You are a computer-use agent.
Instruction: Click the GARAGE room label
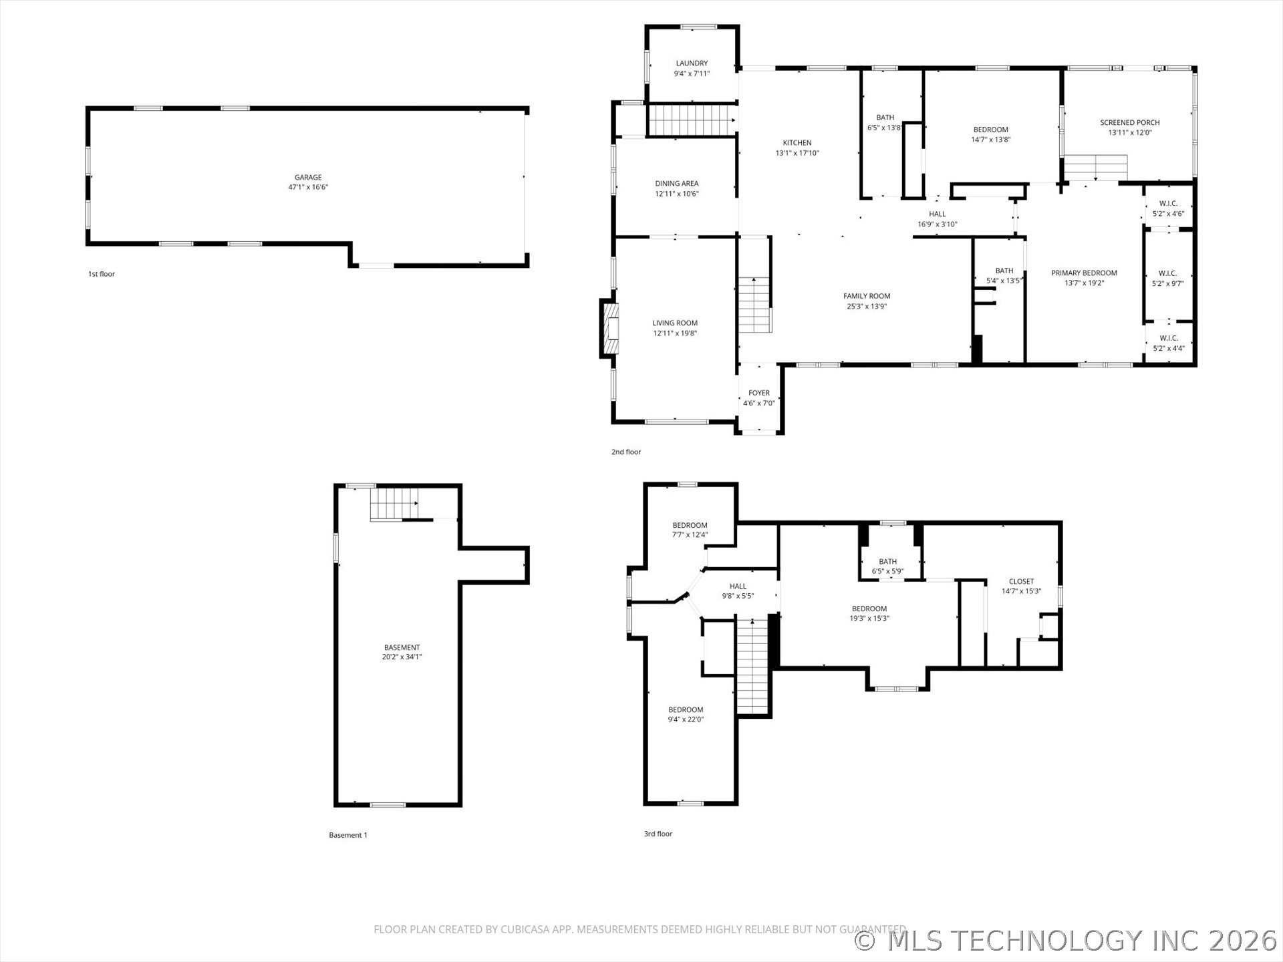(308, 177)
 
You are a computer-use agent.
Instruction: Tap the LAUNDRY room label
(692, 63)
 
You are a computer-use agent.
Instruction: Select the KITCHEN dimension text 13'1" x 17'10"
(797, 153)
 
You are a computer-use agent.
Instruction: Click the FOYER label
(759, 393)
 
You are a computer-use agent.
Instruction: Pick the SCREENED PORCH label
(1130, 122)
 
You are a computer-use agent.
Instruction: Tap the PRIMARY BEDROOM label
(1084, 273)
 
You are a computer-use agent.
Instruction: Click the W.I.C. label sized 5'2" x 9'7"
(1168, 278)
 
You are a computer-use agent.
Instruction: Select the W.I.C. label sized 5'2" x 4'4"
(1169, 343)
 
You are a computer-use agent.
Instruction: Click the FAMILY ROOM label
(867, 296)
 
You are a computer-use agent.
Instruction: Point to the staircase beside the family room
(755, 305)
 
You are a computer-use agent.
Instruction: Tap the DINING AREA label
(677, 183)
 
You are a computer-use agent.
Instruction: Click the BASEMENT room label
(402, 647)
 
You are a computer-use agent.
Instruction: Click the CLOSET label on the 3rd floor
(1021, 581)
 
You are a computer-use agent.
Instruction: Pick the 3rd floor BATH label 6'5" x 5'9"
(888, 566)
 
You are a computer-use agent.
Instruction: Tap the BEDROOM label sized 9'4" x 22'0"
(686, 714)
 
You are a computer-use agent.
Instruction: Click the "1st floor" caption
(102, 274)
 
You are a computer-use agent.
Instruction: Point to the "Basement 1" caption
(348, 835)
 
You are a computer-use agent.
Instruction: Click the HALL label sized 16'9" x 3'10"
(938, 219)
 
